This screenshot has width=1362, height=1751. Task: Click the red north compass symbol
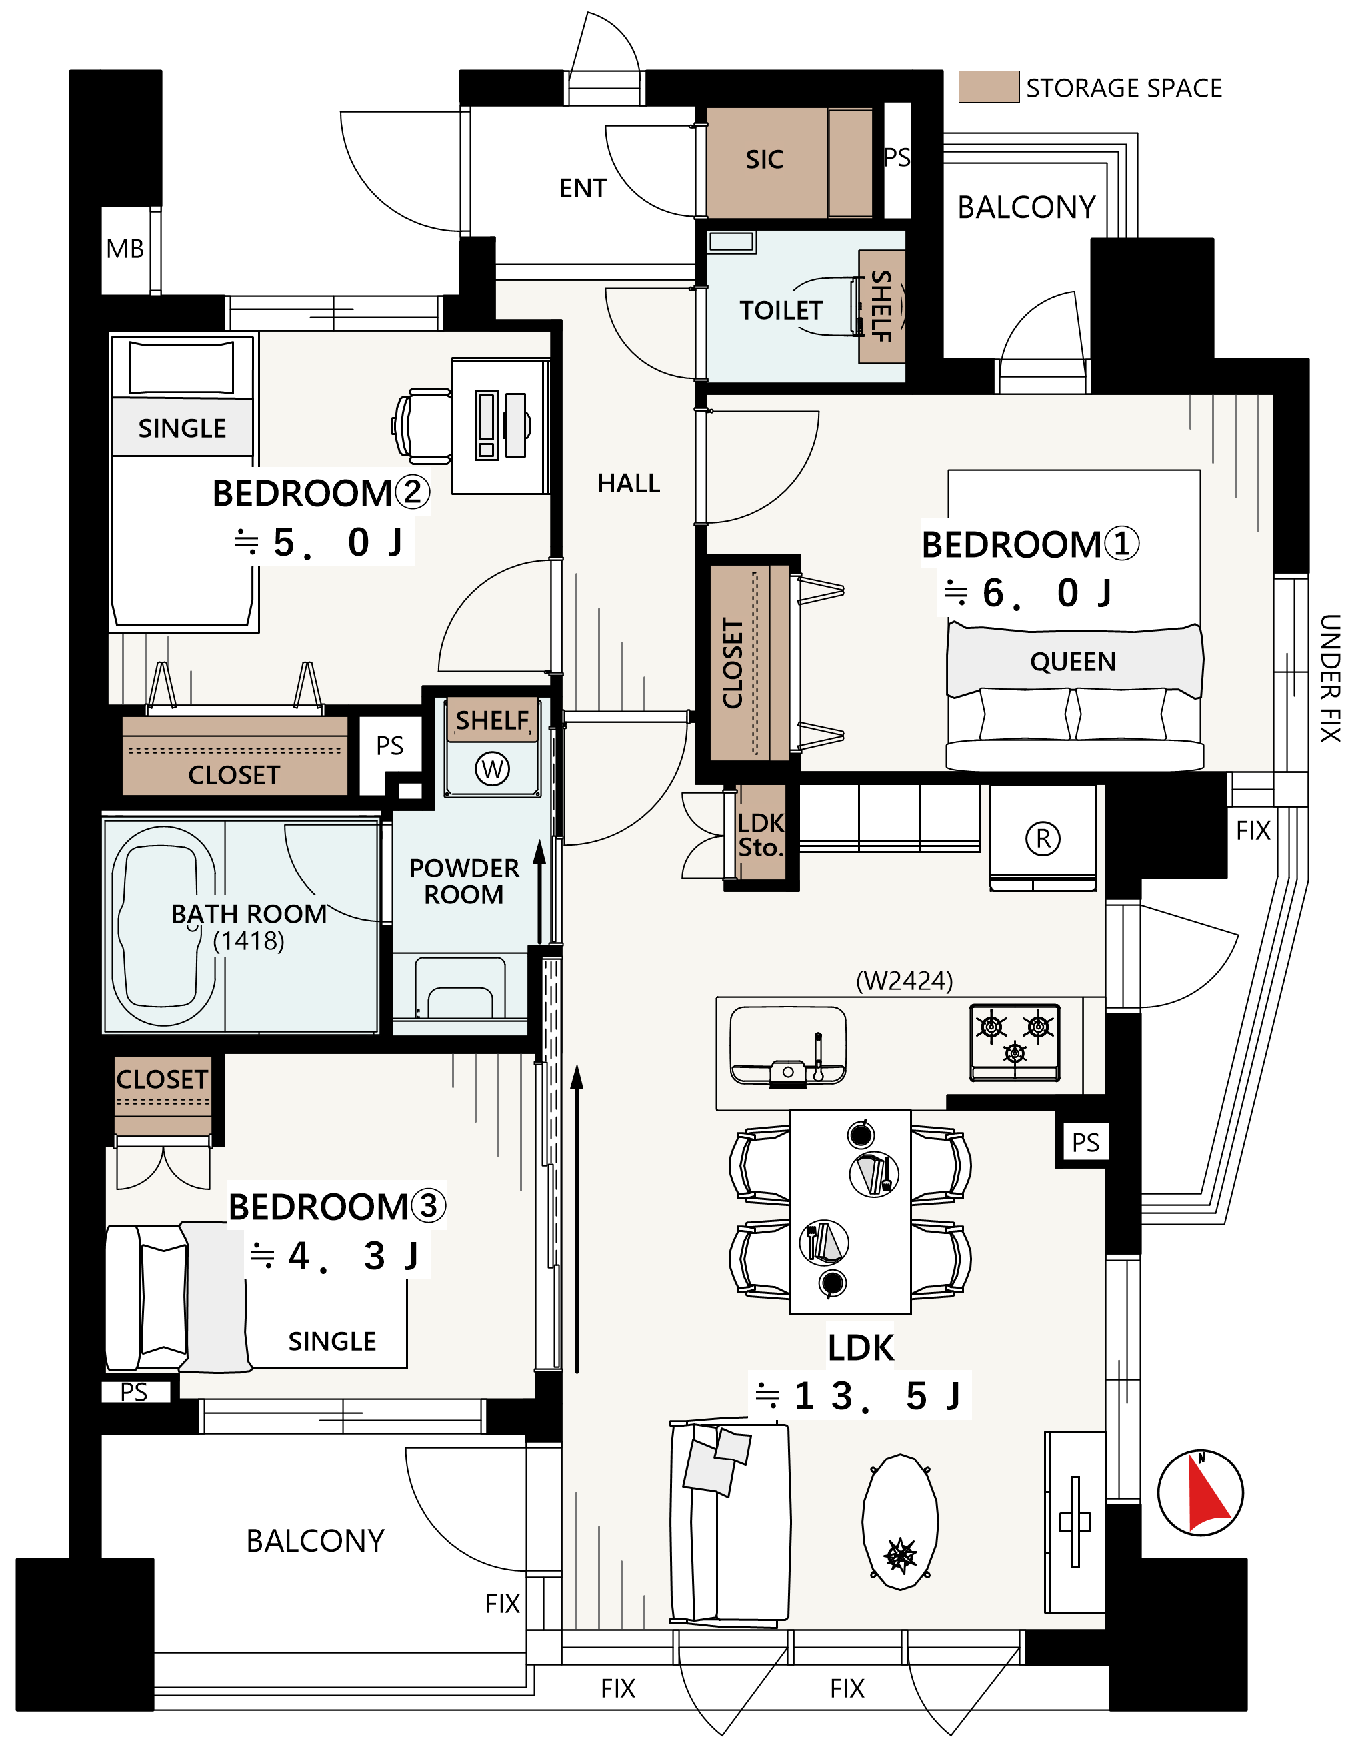pyautogui.click(x=1201, y=1493)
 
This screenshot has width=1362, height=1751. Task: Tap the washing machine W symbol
pyautogui.click(x=493, y=769)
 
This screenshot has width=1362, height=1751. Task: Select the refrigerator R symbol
pyautogui.click(x=1043, y=839)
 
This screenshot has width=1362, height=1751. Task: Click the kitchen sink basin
pyautogui.click(x=788, y=1046)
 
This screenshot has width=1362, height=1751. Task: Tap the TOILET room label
pyautogui.click(x=781, y=311)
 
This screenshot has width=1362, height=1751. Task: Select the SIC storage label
pyautogui.click(x=765, y=159)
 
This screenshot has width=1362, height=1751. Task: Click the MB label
pyautogui.click(x=125, y=249)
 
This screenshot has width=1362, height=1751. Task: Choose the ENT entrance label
pyautogui.click(x=583, y=189)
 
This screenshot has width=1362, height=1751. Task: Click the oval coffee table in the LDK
pyautogui.click(x=900, y=1522)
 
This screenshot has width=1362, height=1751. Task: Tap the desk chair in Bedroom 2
pyautogui.click(x=422, y=426)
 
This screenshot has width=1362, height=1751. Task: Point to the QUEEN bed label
pyautogui.click(x=1073, y=662)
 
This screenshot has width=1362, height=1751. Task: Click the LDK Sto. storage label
pyautogui.click(x=761, y=836)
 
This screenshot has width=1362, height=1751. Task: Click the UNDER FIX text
pyautogui.click(x=1330, y=678)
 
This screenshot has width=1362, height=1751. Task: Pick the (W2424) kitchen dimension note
pyautogui.click(x=904, y=981)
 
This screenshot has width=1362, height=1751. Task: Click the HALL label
pyautogui.click(x=629, y=484)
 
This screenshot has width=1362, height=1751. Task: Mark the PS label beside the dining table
pyautogui.click(x=1085, y=1143)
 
